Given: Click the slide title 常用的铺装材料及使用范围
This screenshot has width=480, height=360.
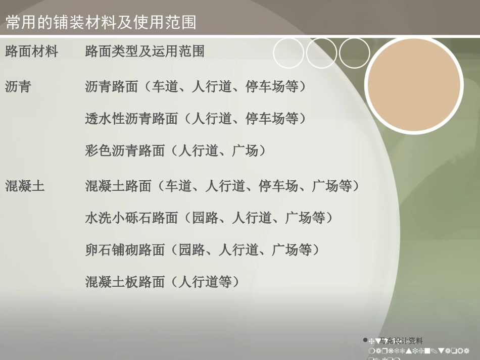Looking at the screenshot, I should (101, 23).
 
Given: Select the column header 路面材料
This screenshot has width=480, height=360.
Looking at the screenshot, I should (31, 51).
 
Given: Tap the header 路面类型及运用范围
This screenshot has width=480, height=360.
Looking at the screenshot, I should (145, 51).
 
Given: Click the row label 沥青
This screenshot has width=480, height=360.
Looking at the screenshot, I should (18, 87).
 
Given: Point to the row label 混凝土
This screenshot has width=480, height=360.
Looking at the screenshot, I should (25, 186).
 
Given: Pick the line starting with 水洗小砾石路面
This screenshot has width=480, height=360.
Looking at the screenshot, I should (209, 218).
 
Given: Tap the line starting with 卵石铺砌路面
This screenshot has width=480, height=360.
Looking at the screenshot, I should (202, 250).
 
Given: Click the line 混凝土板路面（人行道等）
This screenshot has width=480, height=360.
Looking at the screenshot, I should (162, 282).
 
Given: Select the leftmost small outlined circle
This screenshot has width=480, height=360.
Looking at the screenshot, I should (289, 53).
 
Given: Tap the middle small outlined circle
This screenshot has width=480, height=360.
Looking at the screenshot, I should (321, 53).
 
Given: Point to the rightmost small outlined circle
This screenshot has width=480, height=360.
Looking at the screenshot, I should (354, 53).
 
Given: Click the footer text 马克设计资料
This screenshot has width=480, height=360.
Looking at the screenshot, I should (401, 341).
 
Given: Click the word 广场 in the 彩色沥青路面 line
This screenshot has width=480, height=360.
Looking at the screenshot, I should (245, 150).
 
